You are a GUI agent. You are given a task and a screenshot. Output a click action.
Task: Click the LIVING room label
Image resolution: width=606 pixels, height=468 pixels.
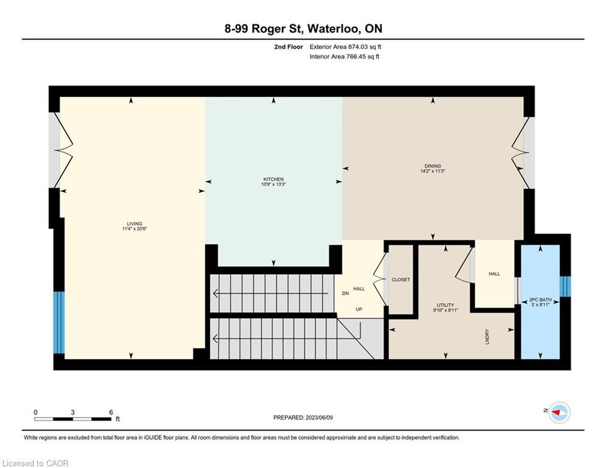pos(135,224)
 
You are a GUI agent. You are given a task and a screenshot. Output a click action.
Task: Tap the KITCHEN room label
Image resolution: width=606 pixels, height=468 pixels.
pos(273,179)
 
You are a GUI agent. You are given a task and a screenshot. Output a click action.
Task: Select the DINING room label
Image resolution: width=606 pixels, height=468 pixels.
pos(432,166)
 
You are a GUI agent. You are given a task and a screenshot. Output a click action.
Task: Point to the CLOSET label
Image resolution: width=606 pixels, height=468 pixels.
pos(400,279)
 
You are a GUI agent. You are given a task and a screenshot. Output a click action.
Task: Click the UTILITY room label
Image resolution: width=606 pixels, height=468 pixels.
pos(446,305)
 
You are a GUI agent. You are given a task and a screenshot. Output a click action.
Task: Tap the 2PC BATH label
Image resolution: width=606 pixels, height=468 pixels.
pos(540,300)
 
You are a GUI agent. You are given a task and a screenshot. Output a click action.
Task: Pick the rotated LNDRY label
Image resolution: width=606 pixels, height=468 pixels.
pos(487,336)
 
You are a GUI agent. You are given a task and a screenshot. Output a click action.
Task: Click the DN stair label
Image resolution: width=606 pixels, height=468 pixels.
pos(345,293)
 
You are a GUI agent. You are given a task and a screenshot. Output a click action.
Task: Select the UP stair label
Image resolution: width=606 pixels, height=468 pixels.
pos(359,309)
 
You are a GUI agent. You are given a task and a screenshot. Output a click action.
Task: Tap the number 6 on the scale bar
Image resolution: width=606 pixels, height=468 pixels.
pos(111,413)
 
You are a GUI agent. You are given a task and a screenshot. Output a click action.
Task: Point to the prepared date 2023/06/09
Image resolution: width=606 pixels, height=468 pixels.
pos(319,417)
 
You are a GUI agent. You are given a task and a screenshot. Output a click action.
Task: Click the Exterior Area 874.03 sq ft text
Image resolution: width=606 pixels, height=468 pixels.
pos(345,47)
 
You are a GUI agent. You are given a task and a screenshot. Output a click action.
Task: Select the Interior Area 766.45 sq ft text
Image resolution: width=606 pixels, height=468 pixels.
pos(344,57)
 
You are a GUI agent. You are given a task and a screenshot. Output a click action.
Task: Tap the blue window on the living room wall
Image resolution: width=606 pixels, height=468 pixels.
pos(58,322)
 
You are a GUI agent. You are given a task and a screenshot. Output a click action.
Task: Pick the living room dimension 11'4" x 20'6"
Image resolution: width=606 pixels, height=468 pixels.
pos(135,229)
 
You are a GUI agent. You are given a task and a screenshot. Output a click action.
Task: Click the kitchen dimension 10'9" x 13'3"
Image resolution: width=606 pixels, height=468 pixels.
pos(273,184)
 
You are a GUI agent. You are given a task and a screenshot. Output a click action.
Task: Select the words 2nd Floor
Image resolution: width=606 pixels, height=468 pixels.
pos(289,47)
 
